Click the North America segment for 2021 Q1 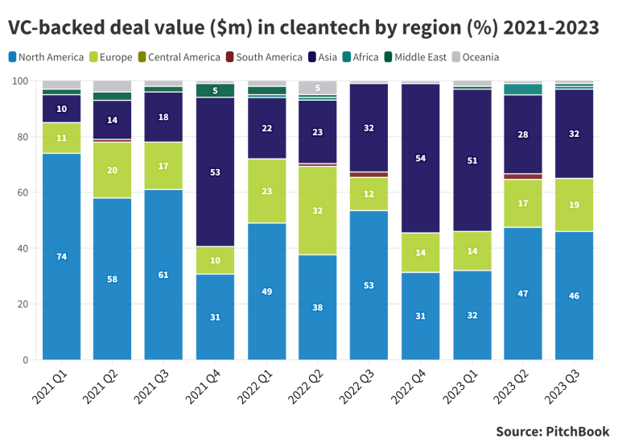[61, 256]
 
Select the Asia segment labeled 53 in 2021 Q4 [215, 172]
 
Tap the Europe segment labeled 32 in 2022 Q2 [317, 210]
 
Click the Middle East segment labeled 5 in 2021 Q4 [215, 90]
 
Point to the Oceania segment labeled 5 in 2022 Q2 [317, 88]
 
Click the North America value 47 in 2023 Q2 [522, 294]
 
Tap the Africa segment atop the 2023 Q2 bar [522, 89]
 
